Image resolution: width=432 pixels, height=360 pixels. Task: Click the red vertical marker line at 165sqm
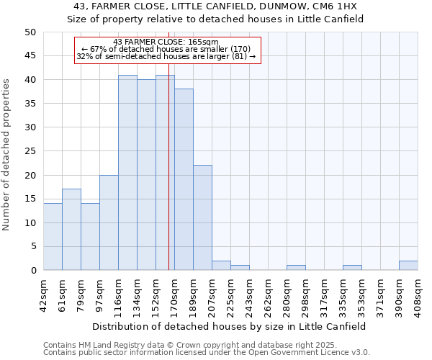tap(168, 180)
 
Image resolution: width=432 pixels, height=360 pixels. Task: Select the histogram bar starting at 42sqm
tap(53, 237)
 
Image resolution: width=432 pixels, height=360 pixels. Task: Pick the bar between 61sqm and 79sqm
tap(71, 230)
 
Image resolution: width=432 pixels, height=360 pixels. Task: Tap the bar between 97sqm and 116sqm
tap(109, 222)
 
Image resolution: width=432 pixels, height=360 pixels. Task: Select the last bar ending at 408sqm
tap(408, 266)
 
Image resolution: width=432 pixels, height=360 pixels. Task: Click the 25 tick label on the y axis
tap(30, 151)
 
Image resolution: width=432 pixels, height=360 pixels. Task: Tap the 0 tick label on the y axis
tap(33, 271)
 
